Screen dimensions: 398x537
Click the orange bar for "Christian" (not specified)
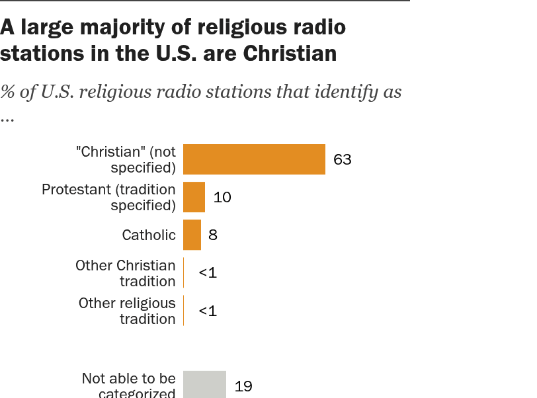click(254, 159)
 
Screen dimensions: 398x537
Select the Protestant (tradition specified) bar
click(194, 197)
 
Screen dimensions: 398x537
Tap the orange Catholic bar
click(192, 235)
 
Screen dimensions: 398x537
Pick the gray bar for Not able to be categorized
click(204, 384)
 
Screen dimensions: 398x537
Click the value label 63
click(342, 159)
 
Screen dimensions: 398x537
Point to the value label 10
click(222, 197)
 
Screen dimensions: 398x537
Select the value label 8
click(212, 235)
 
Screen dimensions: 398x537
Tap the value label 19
click(243, 386)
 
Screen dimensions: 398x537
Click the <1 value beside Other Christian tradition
click(208, 272)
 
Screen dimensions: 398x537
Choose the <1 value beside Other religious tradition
click(208, 311)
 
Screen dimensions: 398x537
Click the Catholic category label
click(149, 235)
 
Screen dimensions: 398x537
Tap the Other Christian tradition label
click(126, 272)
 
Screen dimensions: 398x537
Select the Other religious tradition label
click(127, 311)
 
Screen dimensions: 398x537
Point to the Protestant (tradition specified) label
click(109, 197)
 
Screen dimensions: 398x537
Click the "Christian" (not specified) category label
click(126, 159)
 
